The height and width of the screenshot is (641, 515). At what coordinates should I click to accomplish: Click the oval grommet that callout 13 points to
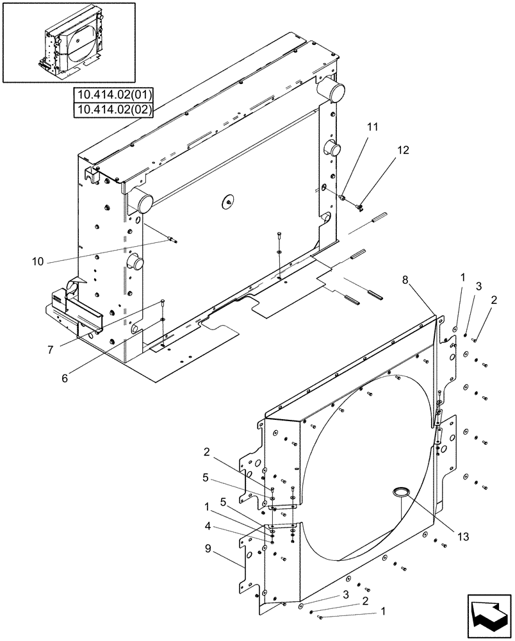click(400, 492)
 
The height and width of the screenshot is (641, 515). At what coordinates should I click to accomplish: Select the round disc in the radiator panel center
click(225, 201)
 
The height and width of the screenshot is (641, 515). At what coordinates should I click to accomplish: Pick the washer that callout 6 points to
click(164, 319)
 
